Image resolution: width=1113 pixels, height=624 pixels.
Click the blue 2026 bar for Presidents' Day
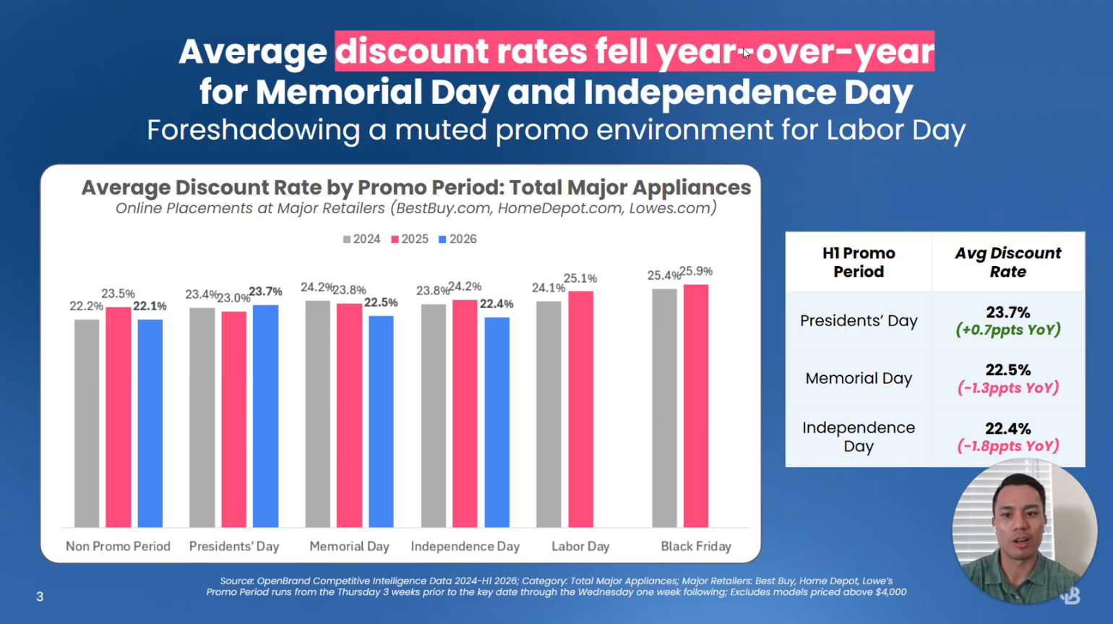265,416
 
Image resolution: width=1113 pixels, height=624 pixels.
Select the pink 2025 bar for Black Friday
695,406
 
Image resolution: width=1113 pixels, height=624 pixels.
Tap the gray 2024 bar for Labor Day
549,414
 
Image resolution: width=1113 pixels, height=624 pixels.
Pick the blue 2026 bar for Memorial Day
381,421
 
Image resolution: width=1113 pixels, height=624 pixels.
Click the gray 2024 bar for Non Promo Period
87,423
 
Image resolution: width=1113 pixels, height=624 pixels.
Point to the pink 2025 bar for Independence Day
465,413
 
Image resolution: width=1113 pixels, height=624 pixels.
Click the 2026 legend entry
457,239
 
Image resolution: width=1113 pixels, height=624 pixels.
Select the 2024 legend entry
361,239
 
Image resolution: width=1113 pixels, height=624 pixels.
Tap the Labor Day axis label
580,547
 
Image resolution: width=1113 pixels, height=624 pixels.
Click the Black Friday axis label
695,547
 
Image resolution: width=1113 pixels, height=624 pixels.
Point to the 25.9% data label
696,271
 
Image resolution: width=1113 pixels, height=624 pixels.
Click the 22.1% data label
150,306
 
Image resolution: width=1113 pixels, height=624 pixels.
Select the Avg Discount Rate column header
1007,262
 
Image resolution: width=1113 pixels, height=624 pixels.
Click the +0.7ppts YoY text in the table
1008,330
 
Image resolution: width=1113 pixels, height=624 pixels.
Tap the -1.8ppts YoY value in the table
1008,446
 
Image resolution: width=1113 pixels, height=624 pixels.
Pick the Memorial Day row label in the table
859,378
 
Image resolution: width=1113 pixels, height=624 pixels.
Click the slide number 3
40,597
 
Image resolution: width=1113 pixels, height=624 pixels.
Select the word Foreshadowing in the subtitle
254,130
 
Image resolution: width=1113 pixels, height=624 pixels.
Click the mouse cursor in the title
746,54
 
